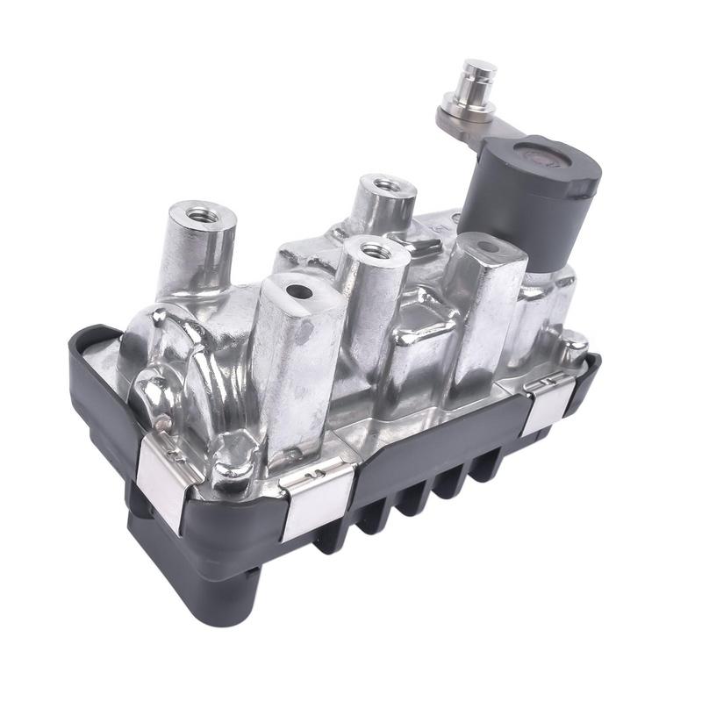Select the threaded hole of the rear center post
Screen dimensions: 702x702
pos(383,185)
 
